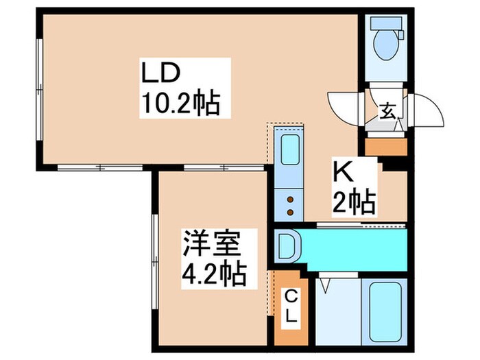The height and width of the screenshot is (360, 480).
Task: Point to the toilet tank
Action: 381,23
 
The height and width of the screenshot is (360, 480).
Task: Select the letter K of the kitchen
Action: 343,169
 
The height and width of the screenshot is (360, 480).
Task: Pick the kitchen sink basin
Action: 289,149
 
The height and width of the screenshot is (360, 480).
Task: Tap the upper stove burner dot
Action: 289,199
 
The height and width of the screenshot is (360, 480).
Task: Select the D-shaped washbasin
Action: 286,244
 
